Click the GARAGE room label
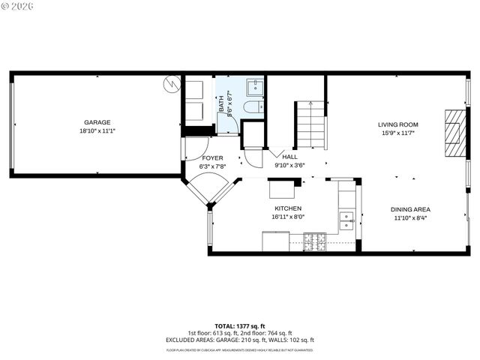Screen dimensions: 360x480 coord(97,122)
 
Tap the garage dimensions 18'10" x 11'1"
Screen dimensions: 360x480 coord(97,130)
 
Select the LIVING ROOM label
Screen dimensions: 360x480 coord(397,124)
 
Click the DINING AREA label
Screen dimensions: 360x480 coord(409,209)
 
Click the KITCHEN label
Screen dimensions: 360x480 coord(288,208)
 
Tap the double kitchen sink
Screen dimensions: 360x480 coord(346,220)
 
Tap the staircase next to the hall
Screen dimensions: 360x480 coord(310,124)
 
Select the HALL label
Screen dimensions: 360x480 coord(289,156)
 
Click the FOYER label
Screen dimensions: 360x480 coord(213,158)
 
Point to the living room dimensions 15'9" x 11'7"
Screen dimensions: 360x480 coord(397,133)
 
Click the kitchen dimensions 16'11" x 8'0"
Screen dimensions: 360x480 coord(288,217)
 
